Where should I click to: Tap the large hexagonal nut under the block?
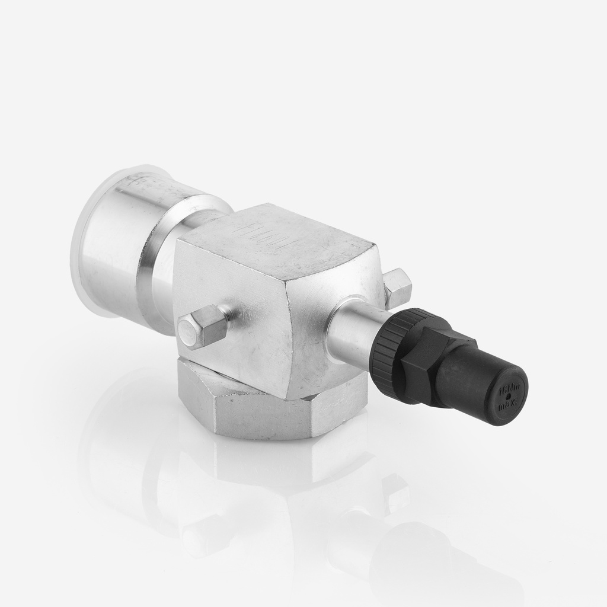point(267,409)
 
